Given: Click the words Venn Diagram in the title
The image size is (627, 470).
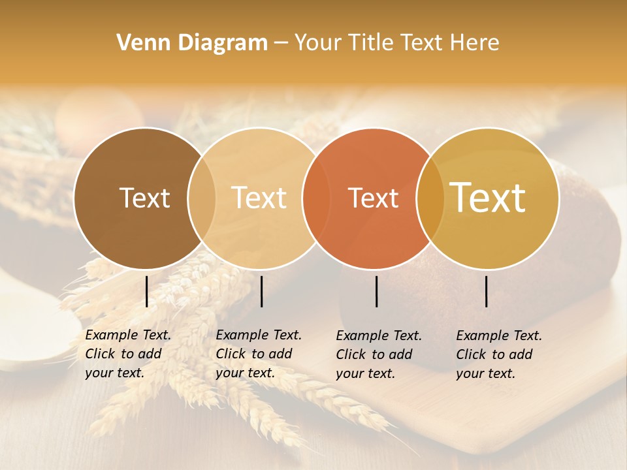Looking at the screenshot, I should coord(192,43).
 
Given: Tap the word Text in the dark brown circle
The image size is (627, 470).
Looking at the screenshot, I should coord(144,198).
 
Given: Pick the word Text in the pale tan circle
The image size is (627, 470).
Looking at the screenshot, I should coord(259,198).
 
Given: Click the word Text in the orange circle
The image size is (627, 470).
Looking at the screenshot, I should coord(373,198).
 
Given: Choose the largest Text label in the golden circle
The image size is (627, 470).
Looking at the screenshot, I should coord(487,198).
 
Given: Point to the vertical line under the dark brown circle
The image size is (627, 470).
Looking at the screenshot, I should coord(146,291).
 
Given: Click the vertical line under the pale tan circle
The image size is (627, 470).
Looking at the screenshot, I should coord(261,291).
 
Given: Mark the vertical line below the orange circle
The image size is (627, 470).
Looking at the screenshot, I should coord(376,291).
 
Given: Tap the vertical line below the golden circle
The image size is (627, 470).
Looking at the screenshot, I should coord(487,291).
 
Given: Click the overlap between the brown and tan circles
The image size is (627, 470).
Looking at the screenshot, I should coord(202,198).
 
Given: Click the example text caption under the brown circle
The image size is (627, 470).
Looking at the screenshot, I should coord(128,354).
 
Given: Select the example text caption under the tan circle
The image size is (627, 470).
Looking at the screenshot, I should coord(259,354).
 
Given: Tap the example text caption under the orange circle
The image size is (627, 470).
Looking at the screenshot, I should coord(379,354).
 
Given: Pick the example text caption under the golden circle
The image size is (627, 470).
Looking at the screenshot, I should coord(499,354).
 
